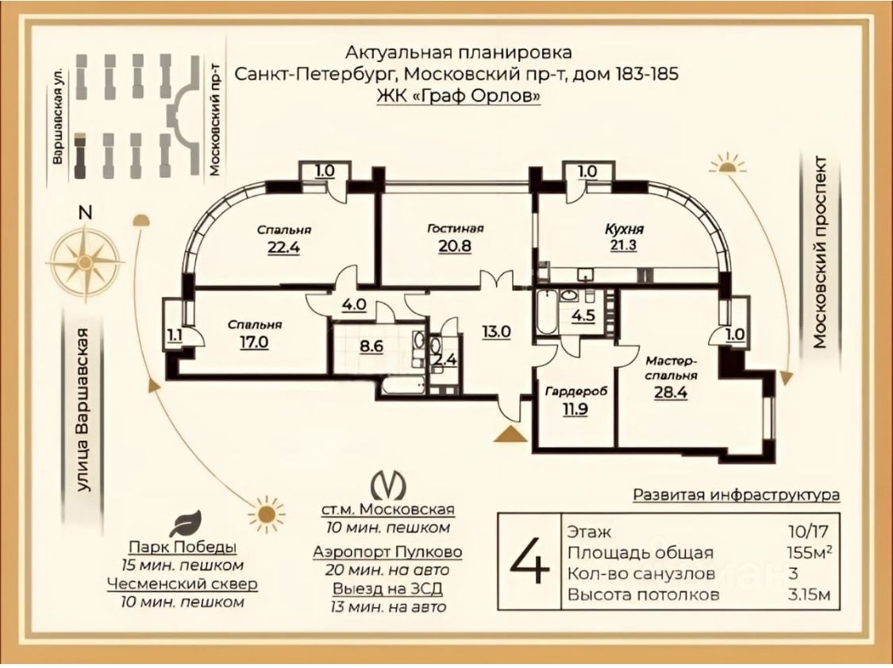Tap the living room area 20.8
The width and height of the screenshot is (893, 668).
click(454, 245)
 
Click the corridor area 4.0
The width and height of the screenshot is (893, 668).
click(353, 303)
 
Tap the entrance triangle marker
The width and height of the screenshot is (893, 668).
click(510, 434)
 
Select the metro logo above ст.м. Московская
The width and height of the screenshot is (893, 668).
click(388, 485)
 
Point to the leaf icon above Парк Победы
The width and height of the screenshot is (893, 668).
click(187, 525)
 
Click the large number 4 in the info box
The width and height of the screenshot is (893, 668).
click(529, 562)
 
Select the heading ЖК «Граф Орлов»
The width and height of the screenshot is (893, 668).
click(457, 95)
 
